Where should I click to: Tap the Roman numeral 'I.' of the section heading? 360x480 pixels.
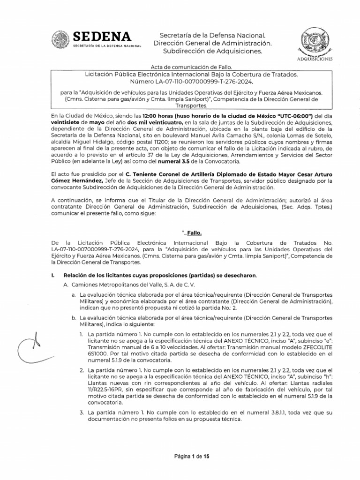[52, 275]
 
